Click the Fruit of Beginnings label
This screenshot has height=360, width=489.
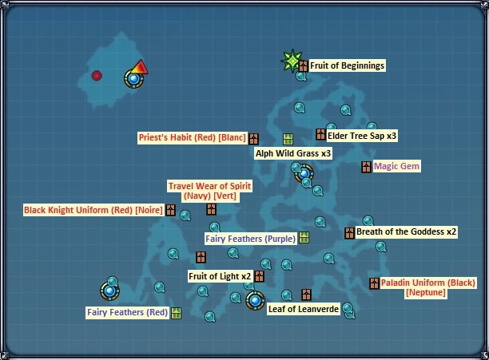tap(347, 65)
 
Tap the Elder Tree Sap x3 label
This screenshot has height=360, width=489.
tap(362, 136)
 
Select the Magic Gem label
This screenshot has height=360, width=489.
tap(396, 166)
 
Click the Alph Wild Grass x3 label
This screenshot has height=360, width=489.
tap(292, 152)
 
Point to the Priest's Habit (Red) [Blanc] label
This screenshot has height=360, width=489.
tap(192, 137)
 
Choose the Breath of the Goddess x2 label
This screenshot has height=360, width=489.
tap(406, 232)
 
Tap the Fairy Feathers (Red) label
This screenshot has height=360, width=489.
tap(127, 312)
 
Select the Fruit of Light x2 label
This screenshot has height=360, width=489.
tap(220, 276)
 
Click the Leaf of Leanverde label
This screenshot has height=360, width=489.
tap(304, 308)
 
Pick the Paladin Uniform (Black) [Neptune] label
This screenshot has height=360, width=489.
tap(427, 287)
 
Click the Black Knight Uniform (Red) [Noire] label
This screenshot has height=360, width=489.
tap(93, 210)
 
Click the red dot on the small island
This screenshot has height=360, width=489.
tap(97, 76)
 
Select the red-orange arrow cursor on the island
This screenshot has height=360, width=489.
tap(140, 68)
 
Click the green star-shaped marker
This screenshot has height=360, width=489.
tap(292, 59)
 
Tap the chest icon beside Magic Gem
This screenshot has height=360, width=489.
tap(366, 167)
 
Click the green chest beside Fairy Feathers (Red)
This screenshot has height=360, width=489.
tap(176, 312)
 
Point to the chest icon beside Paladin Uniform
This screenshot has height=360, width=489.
tap(373, 283)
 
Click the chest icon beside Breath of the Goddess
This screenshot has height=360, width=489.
tap(349, 233)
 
